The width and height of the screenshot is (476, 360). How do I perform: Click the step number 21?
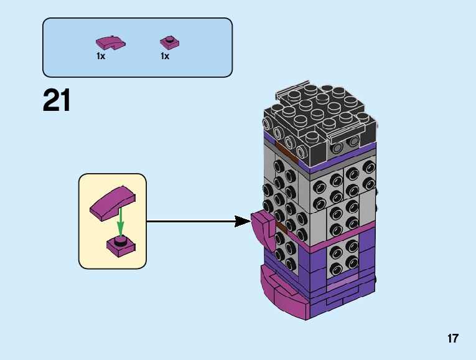tap(57, 100)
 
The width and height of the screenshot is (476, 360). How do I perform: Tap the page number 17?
tap(452, 339)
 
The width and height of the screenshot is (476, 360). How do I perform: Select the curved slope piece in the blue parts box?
tap(110, 42)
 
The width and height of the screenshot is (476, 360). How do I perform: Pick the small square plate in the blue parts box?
tap(169, 42)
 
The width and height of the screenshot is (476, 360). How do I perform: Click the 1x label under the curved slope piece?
tap(101, 56)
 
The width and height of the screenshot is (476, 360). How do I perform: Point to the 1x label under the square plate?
tap(165, 56)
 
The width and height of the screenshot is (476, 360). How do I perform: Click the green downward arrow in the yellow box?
tap(121, 222)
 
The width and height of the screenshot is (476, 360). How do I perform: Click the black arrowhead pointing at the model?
tap(243, 220)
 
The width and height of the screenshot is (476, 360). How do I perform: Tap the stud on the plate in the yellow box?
tap(122, 239)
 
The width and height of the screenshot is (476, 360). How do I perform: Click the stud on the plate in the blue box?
tap(169, 39)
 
